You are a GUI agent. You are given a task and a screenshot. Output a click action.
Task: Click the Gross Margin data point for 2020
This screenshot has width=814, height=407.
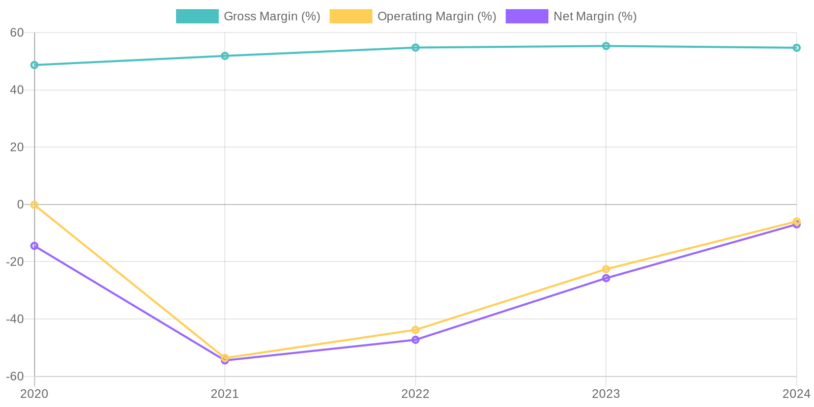(35, 65)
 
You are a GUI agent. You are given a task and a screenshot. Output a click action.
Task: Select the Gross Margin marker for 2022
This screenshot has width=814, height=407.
(416, 48)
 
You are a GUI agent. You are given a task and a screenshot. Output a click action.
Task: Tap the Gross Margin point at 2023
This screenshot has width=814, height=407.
(606, 46)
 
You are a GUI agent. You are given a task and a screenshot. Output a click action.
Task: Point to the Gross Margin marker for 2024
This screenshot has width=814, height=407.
(796, 48)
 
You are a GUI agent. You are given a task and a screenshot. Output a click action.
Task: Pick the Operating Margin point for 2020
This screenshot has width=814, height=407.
(35, 205)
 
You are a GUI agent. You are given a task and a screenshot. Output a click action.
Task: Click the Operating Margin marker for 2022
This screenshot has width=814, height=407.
(416, 330)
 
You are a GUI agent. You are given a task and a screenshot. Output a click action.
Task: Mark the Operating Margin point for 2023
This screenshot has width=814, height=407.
(606, 269)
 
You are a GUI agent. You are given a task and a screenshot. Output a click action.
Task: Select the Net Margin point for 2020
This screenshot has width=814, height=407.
(35, 246)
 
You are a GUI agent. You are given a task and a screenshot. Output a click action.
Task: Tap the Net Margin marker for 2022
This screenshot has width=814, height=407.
(416, 340)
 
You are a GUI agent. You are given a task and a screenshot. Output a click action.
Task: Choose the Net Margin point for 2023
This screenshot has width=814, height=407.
(606, 278)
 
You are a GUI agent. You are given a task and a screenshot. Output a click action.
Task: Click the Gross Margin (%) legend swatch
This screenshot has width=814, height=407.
(197, 16)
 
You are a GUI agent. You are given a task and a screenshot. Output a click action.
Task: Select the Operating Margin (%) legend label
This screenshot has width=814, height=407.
(437, 16)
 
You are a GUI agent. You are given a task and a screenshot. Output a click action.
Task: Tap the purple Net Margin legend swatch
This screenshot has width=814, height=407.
(527, 16)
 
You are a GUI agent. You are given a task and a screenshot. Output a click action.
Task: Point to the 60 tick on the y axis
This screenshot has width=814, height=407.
(17, 33)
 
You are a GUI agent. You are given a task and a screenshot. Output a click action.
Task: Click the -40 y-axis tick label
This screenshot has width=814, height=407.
(15, 319)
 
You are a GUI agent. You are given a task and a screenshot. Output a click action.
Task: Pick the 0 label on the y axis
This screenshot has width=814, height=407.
(21, 205)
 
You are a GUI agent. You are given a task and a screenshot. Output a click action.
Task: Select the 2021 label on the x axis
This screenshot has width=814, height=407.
(225, 394)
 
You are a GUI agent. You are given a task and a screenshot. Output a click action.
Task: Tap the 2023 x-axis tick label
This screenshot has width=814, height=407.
(606, 394)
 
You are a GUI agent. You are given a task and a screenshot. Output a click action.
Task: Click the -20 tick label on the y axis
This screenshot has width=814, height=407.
(15, 261)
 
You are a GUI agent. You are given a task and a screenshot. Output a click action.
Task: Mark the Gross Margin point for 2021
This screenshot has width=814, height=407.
(225, 56)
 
